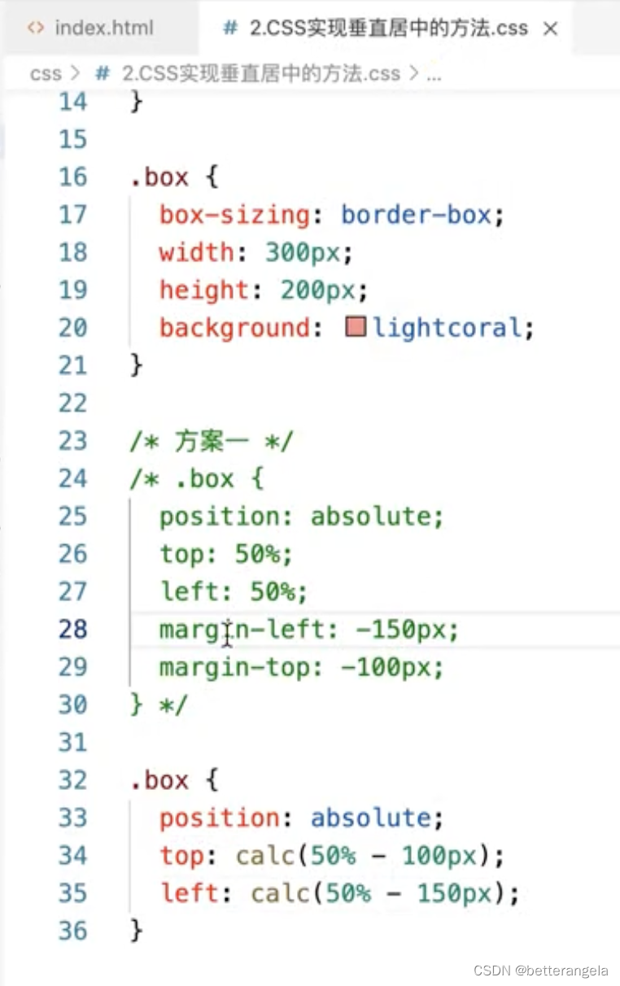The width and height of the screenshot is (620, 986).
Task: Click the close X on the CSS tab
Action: (x=551, y=29)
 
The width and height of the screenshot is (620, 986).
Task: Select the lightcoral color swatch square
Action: (x=356, y=328)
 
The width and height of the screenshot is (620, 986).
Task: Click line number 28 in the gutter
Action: (x=72, y=629)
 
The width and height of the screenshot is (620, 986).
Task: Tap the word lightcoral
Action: (x=447, y=328)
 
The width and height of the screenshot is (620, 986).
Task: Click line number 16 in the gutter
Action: (x=72, y=177)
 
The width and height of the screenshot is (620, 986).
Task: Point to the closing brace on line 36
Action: (x=136, y=930)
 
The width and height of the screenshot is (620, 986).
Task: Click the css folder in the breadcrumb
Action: (x=46, y=74)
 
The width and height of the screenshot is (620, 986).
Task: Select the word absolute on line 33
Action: (x=370, y=818)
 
